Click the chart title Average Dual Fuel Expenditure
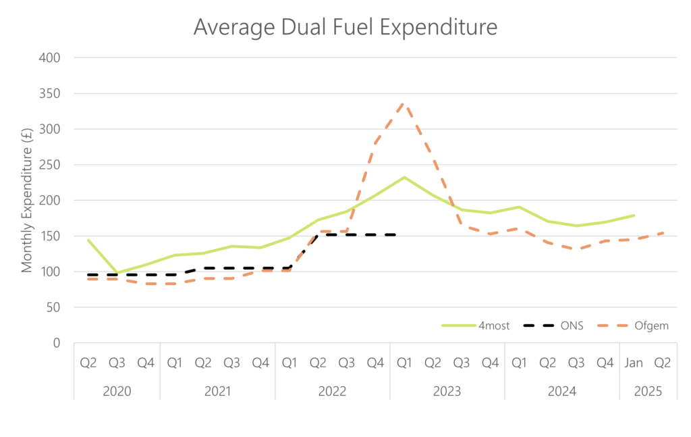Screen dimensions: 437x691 click(345, 26)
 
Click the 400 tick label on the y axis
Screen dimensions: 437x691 click(51, 57)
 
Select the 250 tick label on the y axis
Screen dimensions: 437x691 click(51, 165)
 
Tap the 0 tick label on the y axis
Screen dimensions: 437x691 click(57, 343)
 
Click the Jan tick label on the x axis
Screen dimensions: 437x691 click(634, 363)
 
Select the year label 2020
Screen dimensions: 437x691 click(117, 391)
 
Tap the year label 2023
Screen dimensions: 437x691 click(447, 391)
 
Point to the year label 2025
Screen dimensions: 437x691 click(648, 391)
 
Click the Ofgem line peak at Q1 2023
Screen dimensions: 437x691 click(404, 103)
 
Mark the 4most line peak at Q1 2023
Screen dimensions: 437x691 click(404, 177)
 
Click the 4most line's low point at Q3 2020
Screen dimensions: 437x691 click(117, 274)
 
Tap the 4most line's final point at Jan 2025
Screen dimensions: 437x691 click(634, 215)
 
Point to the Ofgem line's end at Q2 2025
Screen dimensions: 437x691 click(662, 233)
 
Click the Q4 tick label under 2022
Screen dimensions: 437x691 click(375, 363)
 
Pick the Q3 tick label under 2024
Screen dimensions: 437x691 click(576, 363)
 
